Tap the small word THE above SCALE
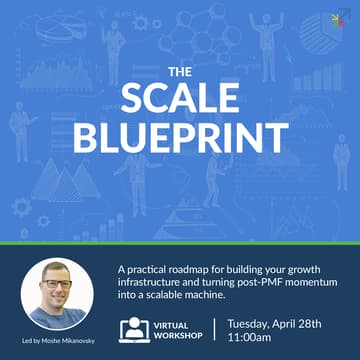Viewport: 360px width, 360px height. tap(178, 72)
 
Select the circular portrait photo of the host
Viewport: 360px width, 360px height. tap(57, 295)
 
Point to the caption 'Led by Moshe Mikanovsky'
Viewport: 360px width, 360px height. tap(57, 346)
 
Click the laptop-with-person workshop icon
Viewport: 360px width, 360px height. tap(133, 330)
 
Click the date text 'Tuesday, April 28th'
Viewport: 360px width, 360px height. tap(284, 323)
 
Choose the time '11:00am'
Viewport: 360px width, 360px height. tap(255, 339)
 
